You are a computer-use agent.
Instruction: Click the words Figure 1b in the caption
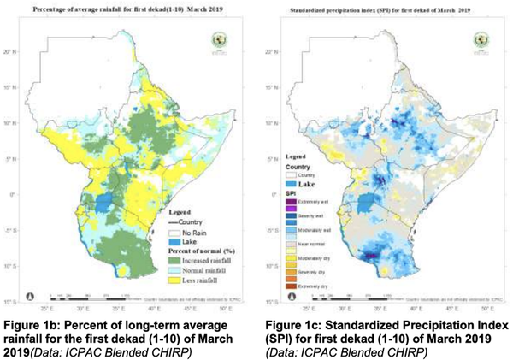click(x=32, y=319)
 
